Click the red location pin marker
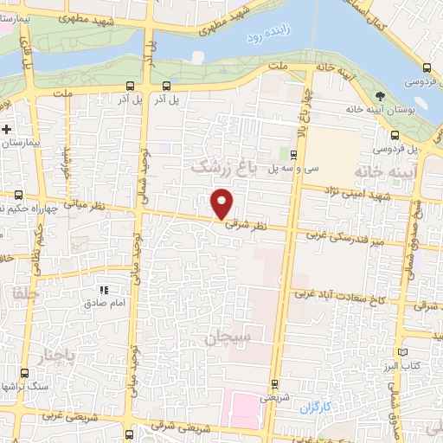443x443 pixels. (223, 202)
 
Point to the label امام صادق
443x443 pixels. (106, 305)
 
